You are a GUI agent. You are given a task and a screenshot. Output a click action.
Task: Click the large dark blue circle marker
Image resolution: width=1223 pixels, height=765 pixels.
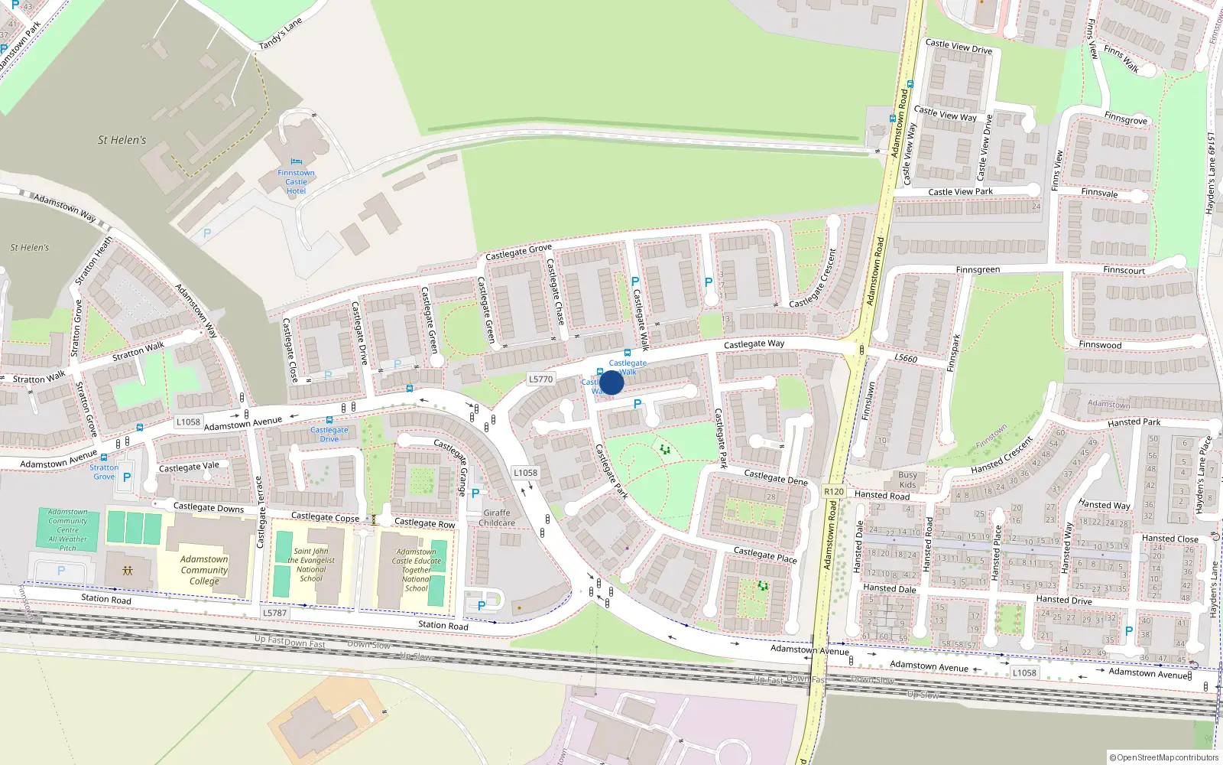(611, 382)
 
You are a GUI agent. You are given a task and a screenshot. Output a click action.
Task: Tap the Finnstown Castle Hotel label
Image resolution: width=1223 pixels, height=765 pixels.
(296, 182)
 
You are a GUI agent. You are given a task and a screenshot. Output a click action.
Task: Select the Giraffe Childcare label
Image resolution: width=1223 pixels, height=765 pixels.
(497, 518)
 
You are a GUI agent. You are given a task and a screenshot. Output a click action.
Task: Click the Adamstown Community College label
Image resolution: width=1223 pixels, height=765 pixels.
(204, 570)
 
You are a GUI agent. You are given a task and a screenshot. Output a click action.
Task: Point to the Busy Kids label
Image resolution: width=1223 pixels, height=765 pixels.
(907, 480)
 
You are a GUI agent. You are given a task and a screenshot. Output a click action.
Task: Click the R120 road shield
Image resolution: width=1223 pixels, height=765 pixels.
(834, 492)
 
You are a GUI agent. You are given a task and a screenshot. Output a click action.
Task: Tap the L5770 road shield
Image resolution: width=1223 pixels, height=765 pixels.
(540, 379)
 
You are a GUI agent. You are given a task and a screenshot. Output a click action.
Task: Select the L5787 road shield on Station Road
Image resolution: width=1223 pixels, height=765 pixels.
(274, 613)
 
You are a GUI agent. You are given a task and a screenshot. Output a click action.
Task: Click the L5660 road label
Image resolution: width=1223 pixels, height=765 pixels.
(906, 358)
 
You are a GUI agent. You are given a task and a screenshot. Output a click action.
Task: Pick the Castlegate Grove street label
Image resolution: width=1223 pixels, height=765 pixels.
(518, 251)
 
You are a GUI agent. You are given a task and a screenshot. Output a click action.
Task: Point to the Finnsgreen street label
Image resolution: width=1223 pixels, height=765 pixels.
(978, 270)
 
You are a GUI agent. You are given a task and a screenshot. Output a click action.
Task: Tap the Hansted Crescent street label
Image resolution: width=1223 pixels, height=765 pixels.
(1002, 455)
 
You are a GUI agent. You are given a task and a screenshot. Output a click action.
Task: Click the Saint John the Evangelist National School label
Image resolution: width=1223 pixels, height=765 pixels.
(311, 565)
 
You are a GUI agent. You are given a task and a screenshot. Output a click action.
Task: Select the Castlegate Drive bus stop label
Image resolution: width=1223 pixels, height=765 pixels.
(329, 434)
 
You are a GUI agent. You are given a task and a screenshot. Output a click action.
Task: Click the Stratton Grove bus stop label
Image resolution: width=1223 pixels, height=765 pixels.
(104, 471)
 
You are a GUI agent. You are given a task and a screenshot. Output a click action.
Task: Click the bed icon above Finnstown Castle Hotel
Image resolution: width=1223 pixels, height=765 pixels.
(297, 161)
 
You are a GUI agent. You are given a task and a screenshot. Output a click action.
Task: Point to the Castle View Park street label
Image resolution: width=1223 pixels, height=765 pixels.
(960, 192)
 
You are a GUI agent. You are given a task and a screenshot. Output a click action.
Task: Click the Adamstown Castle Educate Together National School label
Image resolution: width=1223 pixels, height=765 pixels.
(417, 570)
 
